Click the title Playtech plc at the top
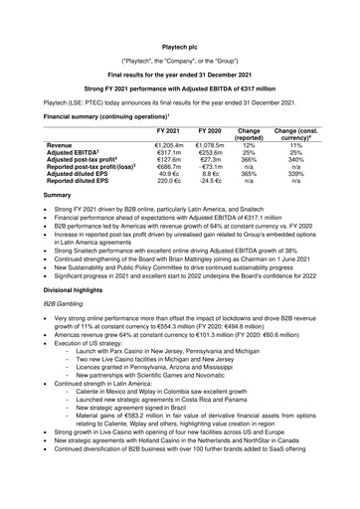tap(179, 18)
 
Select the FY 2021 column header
tap(170, 130)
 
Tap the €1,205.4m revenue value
tap(169, 145)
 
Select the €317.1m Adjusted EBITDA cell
tap(169, 154)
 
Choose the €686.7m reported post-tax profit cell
tap(169, 172)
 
